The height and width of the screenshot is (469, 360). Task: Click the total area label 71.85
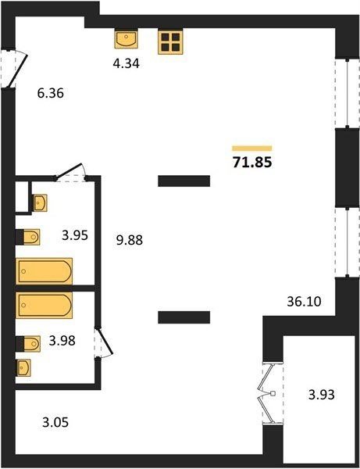[252, 163]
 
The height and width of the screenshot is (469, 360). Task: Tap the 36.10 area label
[304, 302]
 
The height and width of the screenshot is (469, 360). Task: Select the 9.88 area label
[130, 240]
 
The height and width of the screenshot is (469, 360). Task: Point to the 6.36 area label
[51, 93]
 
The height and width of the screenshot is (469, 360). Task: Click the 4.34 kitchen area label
[126, 63]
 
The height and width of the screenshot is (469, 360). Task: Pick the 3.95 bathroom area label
[75, 235]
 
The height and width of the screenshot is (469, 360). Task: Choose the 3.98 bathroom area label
[62, 340]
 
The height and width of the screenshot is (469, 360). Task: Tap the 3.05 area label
[55, 422]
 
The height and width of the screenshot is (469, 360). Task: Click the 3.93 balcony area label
[322, 395]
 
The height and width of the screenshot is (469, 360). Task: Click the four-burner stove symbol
[170, 42]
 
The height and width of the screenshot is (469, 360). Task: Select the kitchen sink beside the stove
[126, 38]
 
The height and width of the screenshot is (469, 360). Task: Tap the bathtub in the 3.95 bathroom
[45, 271]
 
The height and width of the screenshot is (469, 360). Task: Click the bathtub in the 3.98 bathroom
[45, 305]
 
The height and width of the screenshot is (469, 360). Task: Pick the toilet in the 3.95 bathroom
[28, 237]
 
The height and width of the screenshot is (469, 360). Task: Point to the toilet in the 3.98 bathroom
[28, 344]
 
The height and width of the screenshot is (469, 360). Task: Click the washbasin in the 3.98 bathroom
[23, 367]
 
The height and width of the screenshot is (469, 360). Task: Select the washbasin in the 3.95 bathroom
[40, 203]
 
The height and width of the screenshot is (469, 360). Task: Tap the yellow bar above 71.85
[252, 149]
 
